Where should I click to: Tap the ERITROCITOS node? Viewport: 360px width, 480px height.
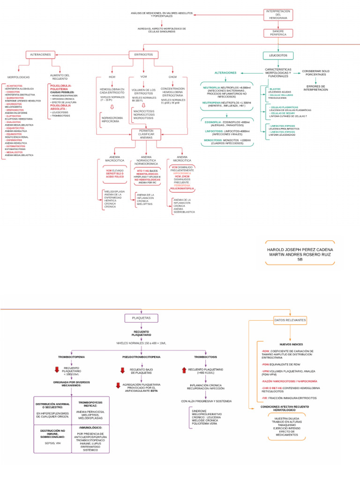point(143,55)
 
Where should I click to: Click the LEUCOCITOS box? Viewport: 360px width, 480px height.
point(278,55)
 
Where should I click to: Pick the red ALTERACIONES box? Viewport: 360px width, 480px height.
point(40,55)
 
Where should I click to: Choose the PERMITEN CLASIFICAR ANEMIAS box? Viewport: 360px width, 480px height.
point(146,135)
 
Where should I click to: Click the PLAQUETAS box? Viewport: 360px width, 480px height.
point(141,318)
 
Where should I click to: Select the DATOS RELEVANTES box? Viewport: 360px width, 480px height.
point(290,320)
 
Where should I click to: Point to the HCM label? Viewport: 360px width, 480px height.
point(112,76)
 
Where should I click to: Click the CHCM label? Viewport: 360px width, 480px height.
point(172,76)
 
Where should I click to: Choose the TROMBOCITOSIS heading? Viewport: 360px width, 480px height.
point(205,357)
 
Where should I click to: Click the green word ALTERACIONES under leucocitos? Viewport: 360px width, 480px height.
point(225,73)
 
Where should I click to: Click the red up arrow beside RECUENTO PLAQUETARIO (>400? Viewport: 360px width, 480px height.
point(184,370)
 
